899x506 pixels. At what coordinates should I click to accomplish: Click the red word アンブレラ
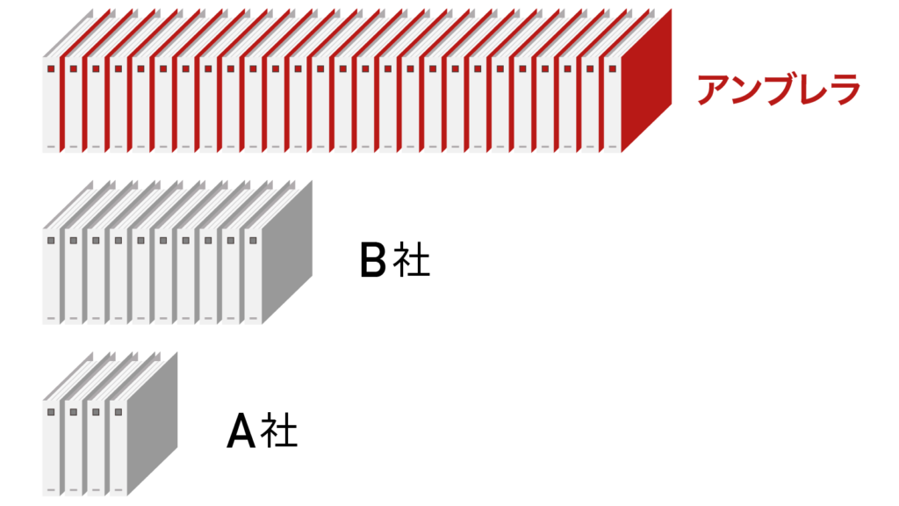click(779, 90)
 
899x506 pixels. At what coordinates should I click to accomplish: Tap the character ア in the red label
click(714, 90)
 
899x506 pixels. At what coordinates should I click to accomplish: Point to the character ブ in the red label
click(780, 90)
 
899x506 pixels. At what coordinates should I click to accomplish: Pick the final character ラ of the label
click(845, 90)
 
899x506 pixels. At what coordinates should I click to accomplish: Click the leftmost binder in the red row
click(51, 105)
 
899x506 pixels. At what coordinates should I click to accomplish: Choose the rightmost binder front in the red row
click(612, 105)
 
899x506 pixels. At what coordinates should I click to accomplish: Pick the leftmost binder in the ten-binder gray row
click(51, 277)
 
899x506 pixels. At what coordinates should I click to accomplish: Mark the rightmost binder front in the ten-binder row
click(253, 277)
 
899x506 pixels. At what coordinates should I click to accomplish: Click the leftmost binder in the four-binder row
click(51, 448)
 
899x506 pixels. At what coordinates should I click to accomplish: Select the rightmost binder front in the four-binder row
click(118, 448)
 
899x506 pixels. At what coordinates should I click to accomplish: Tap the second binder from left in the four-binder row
click(74, 448)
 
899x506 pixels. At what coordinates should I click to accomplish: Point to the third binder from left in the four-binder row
click(96, 448)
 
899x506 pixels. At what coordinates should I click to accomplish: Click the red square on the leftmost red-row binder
click(51, 69)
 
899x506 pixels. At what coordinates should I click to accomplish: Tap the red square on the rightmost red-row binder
click(612, 69)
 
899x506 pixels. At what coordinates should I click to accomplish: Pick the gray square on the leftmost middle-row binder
click(51, 240)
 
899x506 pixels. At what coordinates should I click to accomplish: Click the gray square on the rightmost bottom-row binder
click(118, 411)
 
